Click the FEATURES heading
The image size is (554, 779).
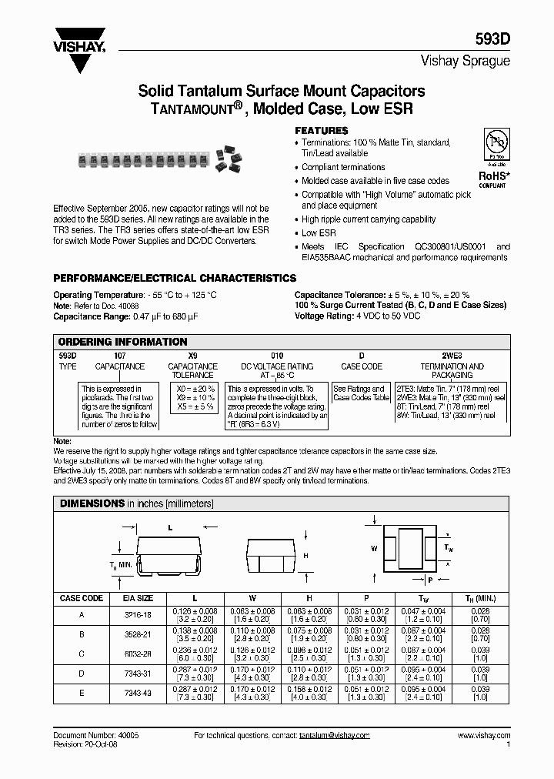point(322,131)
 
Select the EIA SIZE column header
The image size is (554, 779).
point(138,598)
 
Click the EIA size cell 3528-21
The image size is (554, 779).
point(138,634)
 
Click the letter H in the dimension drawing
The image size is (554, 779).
point(305,555)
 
